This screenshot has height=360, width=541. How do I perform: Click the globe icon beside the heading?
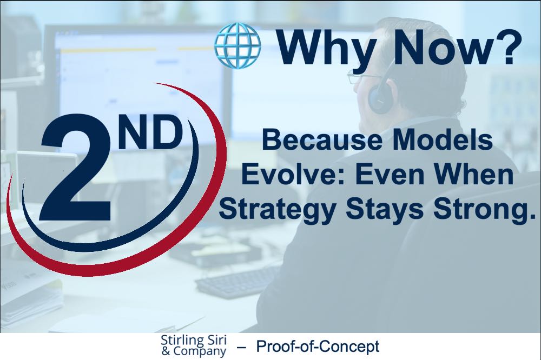(237, 45)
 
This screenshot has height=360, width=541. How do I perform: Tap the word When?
(473, 174)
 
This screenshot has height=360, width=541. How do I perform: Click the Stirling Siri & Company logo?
(194, 345)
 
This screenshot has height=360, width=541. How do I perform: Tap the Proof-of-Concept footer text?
(318, 346)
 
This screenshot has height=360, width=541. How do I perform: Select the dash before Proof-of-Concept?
(242, 347)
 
